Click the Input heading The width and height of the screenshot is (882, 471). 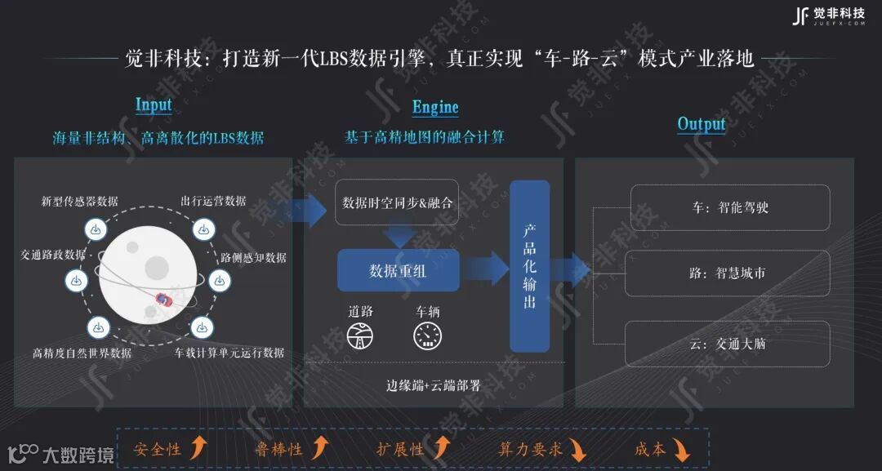154,104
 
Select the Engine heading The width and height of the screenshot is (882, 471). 435,107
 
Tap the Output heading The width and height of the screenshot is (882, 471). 702,124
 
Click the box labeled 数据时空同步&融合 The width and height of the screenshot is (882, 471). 397,202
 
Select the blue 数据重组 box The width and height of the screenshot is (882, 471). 398,271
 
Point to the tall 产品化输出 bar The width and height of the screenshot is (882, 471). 529,266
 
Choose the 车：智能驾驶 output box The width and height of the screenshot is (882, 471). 729,207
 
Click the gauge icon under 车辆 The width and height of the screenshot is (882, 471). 428,335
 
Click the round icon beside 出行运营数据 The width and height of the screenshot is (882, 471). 203,230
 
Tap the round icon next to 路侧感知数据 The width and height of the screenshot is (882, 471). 219,280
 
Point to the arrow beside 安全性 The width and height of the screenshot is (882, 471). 198,447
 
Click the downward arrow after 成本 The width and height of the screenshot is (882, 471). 680,449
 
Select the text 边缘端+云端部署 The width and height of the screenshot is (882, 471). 434,386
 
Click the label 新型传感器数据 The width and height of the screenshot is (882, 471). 80,201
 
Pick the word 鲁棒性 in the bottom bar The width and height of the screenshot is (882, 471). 278,449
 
